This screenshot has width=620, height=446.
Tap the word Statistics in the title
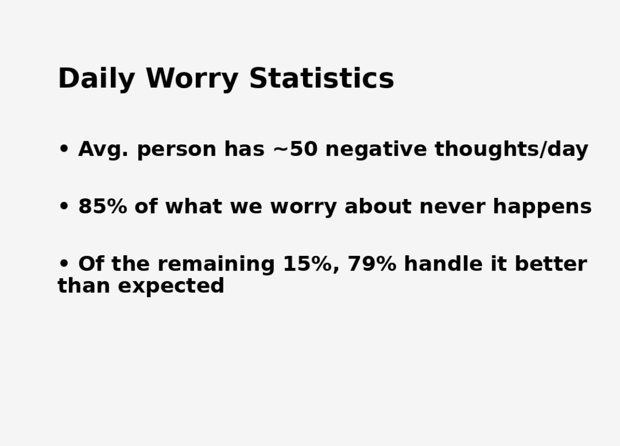coord(321,78)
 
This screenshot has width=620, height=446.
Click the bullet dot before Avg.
coord(64,149)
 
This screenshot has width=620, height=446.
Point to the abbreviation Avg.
coord(103,149)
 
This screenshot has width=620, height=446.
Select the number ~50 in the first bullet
coord(295,149)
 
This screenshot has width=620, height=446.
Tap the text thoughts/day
coord(511,149)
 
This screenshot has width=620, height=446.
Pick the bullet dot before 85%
coord(64,207)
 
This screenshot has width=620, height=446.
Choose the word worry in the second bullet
coord(303,207)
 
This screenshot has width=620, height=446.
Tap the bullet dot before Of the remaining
coord(64,264)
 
